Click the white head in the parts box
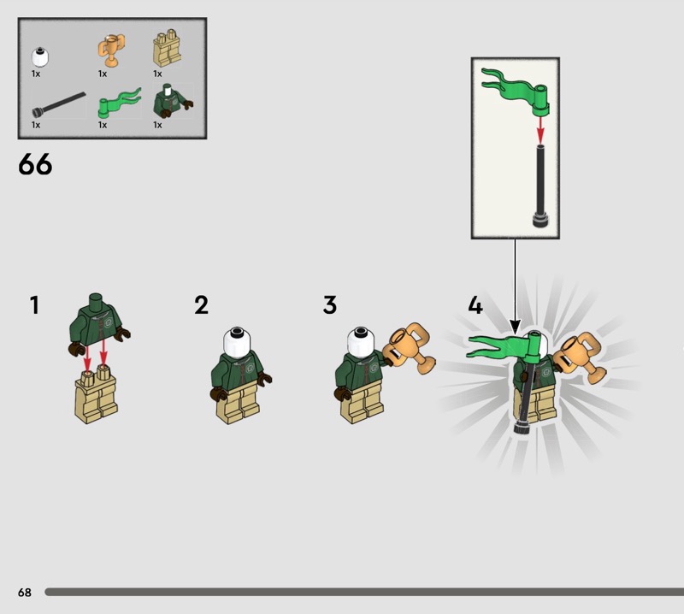coord(39,57)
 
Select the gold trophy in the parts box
coord(111,50)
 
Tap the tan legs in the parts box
coord(167,49)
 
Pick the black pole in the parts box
coord(58,104)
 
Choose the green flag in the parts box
coord(119,103)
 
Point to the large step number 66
coord(35,164)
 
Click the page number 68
coord(25,592)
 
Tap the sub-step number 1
coord(34,305)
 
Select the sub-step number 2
coord(201,305)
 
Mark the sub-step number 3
coord(330,305)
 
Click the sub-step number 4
coord(475,305)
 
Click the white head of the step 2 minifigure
coord(237,343)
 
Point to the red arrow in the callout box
coord(540,129)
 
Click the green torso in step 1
coord(99,323)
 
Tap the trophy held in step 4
coord(581,357)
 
